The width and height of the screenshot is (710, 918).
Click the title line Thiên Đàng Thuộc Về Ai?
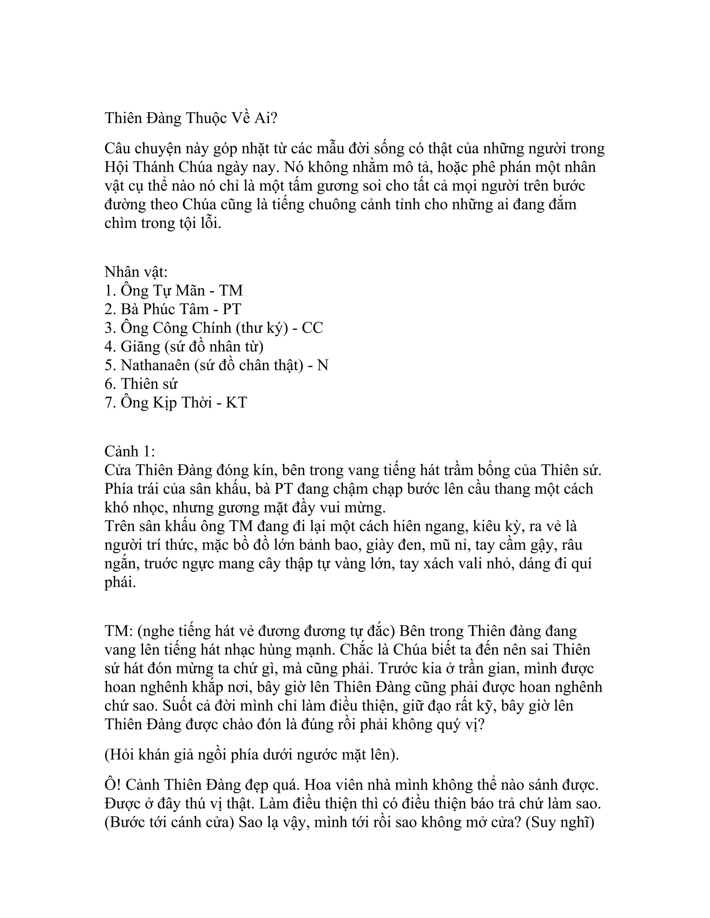[191, 118]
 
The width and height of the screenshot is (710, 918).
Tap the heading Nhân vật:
[136, 272]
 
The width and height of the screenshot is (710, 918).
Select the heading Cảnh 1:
[130, 451]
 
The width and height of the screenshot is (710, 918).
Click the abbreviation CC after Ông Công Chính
[312, 328]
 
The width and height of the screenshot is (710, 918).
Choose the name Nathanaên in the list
[155, 365]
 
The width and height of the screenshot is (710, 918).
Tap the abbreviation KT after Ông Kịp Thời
[236, 402]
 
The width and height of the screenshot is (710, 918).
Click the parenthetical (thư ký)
[262, 328]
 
